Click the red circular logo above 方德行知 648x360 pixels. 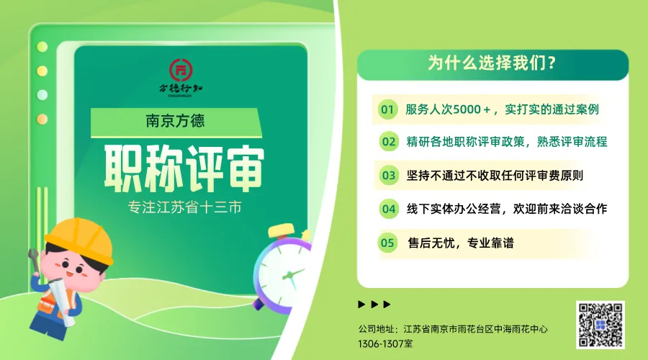click(181, 70)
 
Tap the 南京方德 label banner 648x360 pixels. click(176, 122)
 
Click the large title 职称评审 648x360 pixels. click(184, 168)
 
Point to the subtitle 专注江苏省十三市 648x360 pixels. click(184, 207)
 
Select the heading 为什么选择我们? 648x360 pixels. click(492, 63)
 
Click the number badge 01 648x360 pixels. click(387, 109)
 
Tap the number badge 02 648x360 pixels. click(389, 142)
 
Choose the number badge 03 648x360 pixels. click(389, 175)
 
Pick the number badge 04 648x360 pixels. click(389, 209)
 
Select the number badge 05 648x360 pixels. click(387, 243)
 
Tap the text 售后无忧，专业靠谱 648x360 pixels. click(461, 243)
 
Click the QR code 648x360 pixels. click(600, 325)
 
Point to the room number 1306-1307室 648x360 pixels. click(385, 343)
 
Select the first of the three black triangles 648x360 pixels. click(361, 305)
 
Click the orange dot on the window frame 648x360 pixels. click(42, 120)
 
